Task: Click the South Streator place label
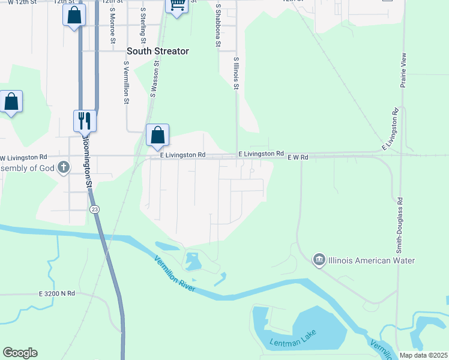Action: [x=158, y=52]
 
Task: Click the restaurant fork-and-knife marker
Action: [x=85, y=121]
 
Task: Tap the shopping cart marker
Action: [x=176, y=5]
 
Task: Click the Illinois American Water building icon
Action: [x=319, y=260]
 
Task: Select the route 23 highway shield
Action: [x=94, y=209]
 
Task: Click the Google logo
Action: [x=20, y=353]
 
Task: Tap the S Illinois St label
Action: [x=237, y=73]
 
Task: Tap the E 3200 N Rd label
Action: [x=57, y=294]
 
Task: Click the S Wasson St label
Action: [x=154, y=79]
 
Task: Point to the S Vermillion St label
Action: [x=127, y=82]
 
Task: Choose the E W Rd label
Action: [x=298, y=157]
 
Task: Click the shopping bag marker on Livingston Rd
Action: [x=157, y=135]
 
